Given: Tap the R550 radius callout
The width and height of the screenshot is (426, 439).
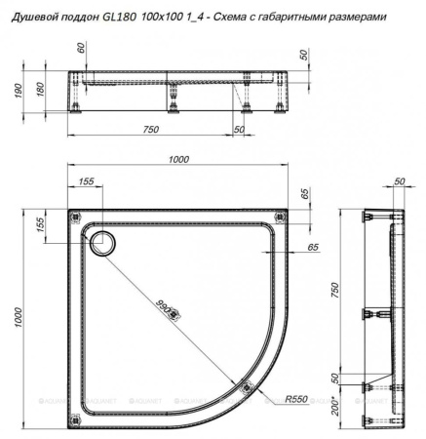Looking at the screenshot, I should [297, 399].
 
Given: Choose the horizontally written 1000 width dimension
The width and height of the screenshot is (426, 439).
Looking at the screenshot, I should [178, 161].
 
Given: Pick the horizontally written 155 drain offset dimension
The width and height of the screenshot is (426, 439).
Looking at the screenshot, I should [85, 181].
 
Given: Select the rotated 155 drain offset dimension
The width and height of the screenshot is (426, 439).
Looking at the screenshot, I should [42, 224].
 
